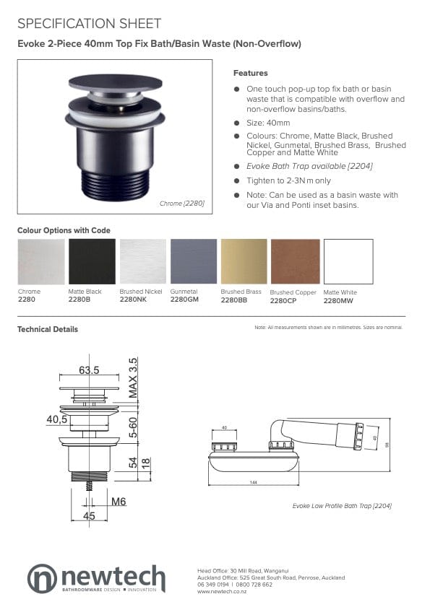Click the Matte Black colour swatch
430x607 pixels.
click(92, 261)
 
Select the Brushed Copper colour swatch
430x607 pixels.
click(295, 261)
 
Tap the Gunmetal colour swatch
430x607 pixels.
click(194, 261)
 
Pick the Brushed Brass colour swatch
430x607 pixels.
click(244, 261)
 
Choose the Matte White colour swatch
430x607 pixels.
click(348, 261)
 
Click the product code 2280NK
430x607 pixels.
click(133, 299)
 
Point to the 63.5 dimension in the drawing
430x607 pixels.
click(88, 370)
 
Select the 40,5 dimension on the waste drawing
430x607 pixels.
click(58, 419)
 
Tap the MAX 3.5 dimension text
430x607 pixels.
click(133, 379)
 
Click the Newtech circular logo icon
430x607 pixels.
click(42, 579)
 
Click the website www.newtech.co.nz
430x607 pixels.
click(222, 591)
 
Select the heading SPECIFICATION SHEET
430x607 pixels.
click(89, 24)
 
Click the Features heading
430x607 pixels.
click(250, 73)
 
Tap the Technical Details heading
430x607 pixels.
click(47, 329)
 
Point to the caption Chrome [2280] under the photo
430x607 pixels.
click(181, 204)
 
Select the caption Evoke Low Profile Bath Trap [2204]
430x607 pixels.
click(342, 506)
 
